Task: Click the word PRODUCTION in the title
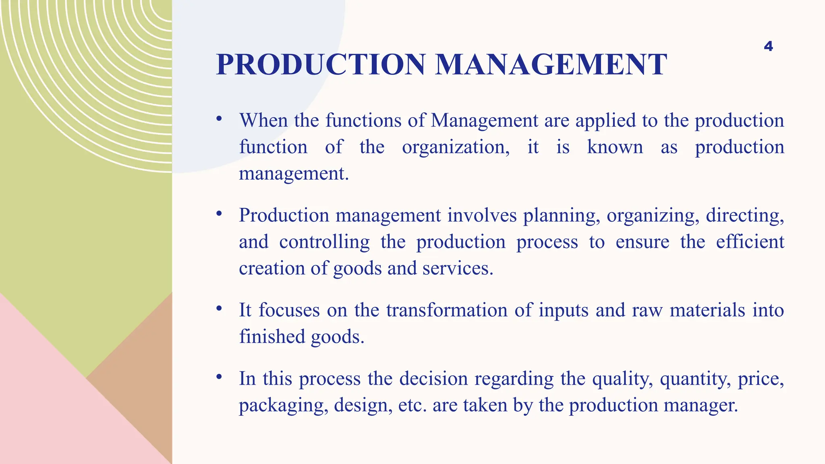(x=321, y=65)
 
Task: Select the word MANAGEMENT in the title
(x=551, y=65)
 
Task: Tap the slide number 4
(x=768, y=46)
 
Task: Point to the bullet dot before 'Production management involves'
(x=219, y=213)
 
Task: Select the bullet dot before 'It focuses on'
(x=219, y=309)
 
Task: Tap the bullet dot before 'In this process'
(x=219, y=377)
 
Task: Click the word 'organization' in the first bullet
(x=456, y=147)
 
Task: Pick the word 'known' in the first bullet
(x=615, y=147)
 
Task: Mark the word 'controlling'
(x=324, y=242)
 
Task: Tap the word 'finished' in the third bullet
(x=272, y=337)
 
